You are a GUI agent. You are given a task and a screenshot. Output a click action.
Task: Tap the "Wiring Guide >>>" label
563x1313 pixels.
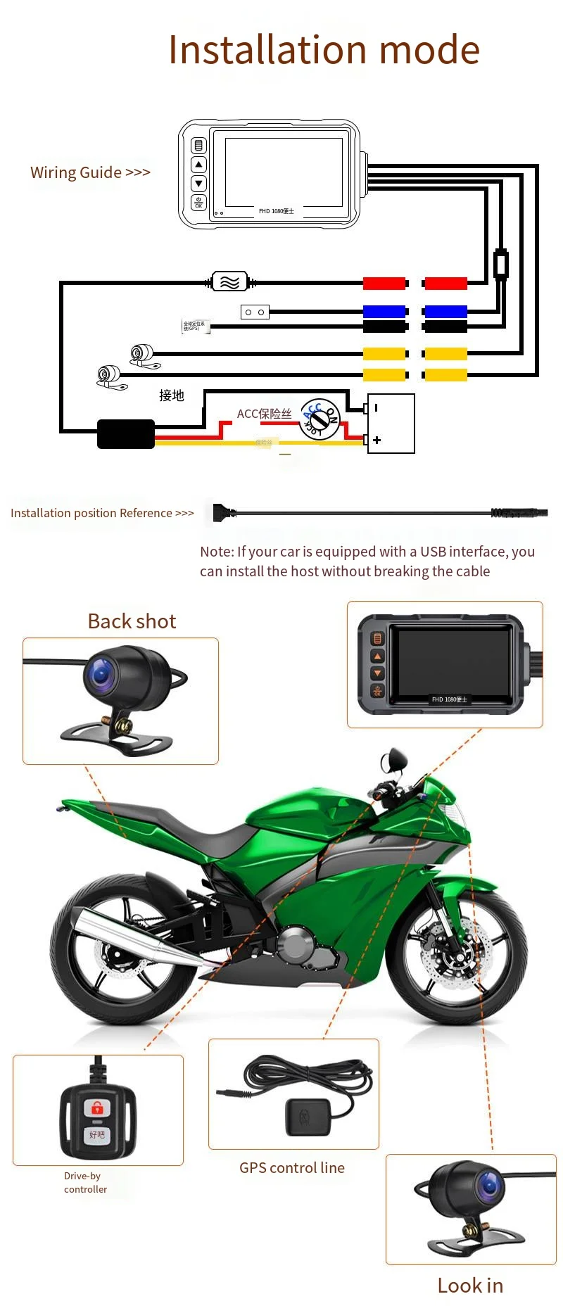click(x=90, y=172)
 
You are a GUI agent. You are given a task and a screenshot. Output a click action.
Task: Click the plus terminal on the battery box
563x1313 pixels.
click(x=377, y=440)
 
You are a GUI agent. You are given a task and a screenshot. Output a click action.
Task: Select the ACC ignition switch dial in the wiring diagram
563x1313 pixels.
click(x=320, y=419)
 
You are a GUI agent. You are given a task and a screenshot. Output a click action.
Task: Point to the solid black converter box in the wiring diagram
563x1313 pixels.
click(x=125, y=434)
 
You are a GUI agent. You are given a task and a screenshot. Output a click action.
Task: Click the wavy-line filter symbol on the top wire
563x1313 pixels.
click(x=230, y=282)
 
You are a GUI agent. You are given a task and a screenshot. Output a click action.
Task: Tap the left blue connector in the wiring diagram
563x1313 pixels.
click(x=384, y=311)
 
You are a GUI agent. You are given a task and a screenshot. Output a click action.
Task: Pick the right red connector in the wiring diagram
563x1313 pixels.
click(x=445, y=284)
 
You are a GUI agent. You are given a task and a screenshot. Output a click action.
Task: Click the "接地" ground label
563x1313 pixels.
click(x=171, y=395)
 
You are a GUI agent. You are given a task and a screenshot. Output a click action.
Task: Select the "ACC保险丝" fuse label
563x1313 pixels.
click(x=264, y=414)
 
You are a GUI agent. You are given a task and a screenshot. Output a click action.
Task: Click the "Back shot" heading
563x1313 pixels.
click(x=132, y=621)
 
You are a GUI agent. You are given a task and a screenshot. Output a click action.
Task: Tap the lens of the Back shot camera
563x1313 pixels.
click(x=101, y=674)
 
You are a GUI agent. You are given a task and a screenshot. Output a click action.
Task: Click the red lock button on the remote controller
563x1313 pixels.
click(x=97, y=1108)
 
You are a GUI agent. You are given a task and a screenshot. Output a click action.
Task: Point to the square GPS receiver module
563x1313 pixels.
click(x=307, y=1117)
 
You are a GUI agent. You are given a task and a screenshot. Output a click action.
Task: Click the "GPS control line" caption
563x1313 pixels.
click(x=292, y=1168)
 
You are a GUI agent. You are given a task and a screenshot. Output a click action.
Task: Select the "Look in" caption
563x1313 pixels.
click(x=470, y=1286)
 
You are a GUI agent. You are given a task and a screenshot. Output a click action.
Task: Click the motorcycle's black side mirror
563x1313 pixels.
click(x=393, y=760)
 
